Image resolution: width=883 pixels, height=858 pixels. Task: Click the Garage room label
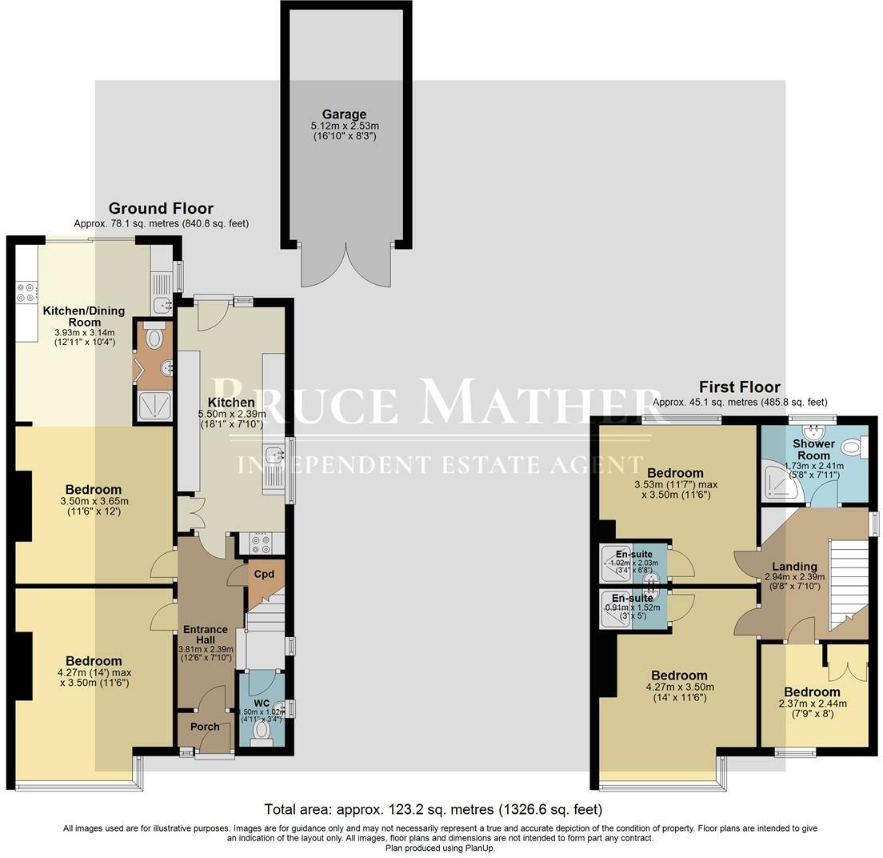click(345, 114)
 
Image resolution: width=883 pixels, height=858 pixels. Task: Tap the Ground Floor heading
click(161, 209)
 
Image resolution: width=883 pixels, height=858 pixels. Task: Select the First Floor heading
click(739, 387)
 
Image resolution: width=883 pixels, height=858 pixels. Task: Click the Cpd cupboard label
click(263, 575)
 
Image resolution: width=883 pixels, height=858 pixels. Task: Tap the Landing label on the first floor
click(794, 566)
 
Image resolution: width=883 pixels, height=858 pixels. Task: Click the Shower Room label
click(813, 449)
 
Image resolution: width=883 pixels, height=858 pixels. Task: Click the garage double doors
click(346, 264)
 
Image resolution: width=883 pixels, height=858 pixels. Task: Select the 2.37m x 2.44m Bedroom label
click(812, 692)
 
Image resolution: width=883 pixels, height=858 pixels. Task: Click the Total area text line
click(433, 809)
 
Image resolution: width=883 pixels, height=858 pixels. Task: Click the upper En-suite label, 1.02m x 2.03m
click(633, 554)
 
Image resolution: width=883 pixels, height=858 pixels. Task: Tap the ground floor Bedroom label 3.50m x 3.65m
click(94, 489)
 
